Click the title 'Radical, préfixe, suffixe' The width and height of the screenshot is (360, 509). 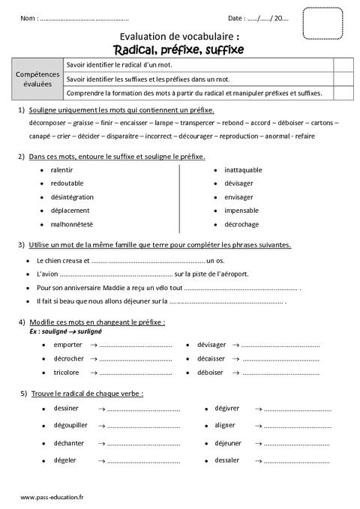tap(179, 49)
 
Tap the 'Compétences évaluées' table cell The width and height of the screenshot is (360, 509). tap(39, 79)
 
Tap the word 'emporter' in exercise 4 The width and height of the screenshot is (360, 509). tap(67, 345)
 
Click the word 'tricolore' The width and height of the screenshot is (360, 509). tap(67, 373)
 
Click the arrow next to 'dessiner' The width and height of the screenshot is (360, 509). tap(95, 409)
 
